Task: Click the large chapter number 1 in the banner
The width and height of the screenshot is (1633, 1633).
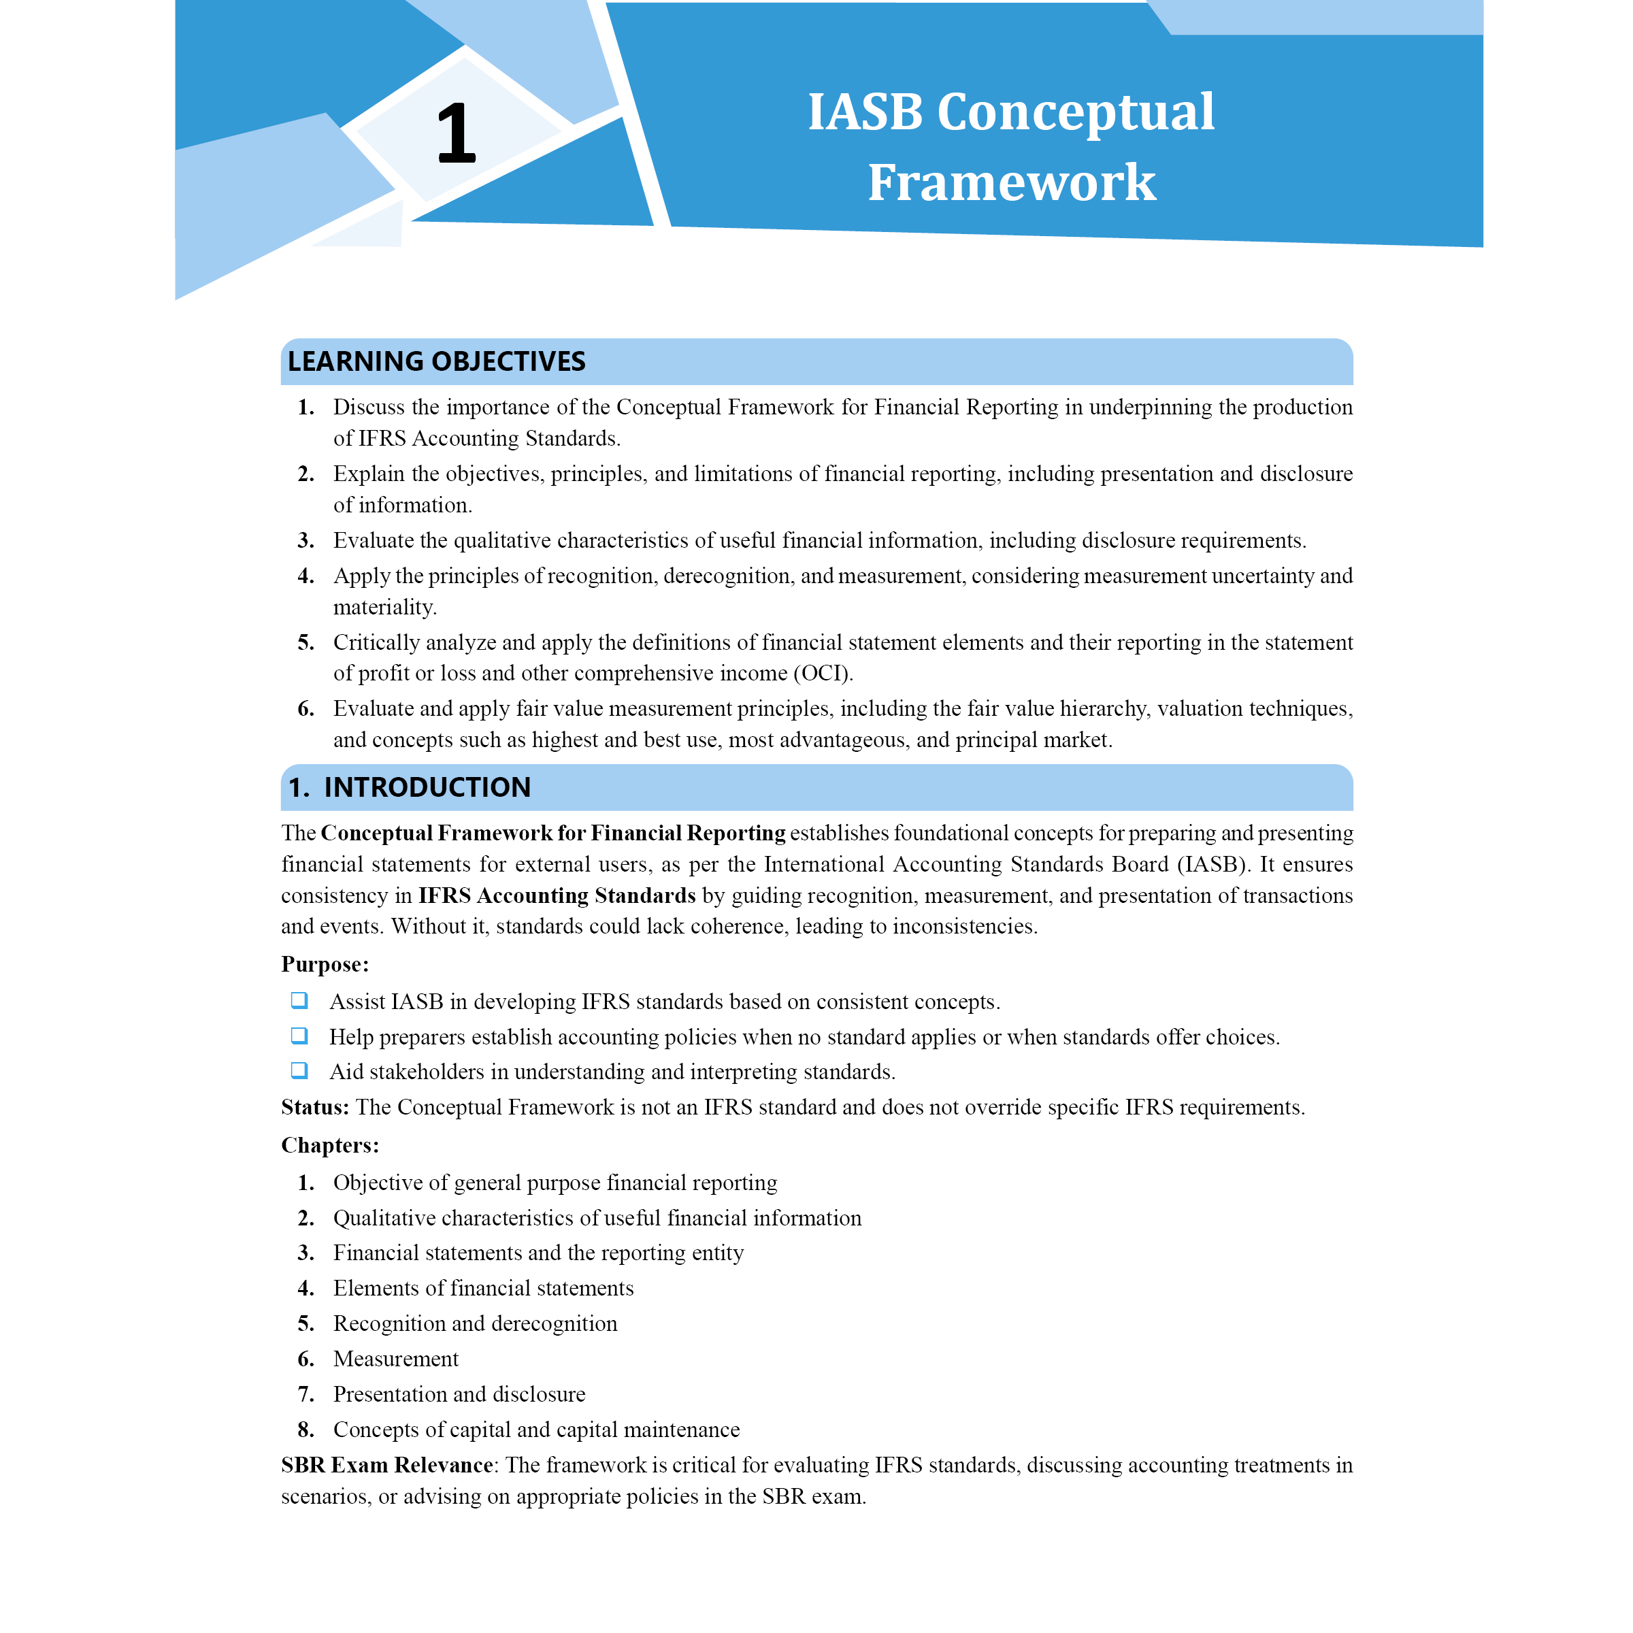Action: point(456,133)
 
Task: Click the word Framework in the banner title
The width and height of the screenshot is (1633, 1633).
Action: point(1011,182)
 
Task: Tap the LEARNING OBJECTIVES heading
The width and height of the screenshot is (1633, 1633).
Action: point(436,362)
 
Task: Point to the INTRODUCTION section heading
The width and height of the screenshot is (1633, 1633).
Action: point(427,787)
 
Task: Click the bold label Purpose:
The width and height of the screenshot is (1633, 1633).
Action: point(325,964)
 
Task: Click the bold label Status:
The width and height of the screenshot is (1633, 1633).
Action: point(314,1107)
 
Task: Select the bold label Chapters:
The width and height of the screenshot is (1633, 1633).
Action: point(329,1145)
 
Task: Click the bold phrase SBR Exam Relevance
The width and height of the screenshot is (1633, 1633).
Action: point(386,1465)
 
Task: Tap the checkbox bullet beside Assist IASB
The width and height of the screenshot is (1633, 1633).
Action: point(299,1001)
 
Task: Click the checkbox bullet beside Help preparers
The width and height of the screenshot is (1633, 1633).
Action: point(299,1036)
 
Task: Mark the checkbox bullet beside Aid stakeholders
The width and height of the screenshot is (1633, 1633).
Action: point(299,1071)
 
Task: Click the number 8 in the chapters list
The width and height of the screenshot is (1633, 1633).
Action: point(304,1430)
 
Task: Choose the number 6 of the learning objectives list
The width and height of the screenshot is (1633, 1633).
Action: point(304,708)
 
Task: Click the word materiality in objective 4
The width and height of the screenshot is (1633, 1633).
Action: point(384,607)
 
